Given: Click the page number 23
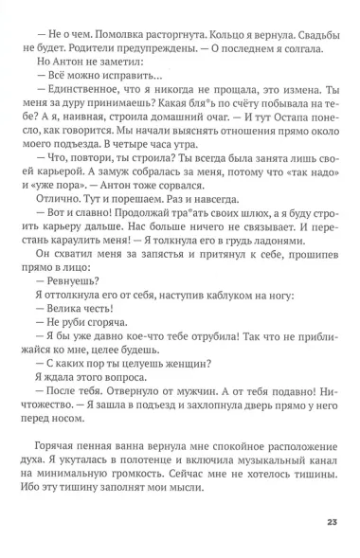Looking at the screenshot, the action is point(332,520).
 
